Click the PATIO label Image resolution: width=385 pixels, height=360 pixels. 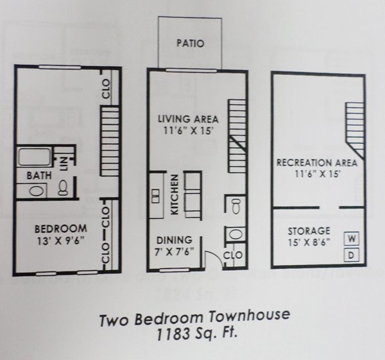(x=191, y=43)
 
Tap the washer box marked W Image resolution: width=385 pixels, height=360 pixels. (x=352, y=239)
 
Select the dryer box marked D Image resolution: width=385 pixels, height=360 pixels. (x=352, y=255)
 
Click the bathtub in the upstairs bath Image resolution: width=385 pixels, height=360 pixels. (x=34, y=157)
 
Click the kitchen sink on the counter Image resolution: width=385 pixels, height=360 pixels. (x=155, y=196)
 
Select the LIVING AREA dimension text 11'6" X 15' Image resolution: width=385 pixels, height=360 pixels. (x=188, y=131)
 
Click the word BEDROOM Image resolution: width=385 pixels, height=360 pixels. (x=61, y=229)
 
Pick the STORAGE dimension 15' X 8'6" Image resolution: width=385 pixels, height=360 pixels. (x=309, y=243)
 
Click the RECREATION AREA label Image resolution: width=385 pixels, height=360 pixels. (x=317, y=163)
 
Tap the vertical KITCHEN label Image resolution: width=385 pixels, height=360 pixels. (x=175, y=194)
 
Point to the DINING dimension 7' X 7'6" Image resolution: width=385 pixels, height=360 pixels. (x=174, y=252)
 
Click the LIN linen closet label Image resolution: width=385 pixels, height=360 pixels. (x=64, y=164)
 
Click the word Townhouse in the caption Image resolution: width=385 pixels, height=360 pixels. (x=249, y=316)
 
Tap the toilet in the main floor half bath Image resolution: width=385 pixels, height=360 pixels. (x=236, y=206)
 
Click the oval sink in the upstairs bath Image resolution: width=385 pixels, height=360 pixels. (x=37, y=191)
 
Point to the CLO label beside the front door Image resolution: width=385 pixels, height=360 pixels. (x=232, y=255)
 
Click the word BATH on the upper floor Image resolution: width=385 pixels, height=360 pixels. (x=39, y=176)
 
